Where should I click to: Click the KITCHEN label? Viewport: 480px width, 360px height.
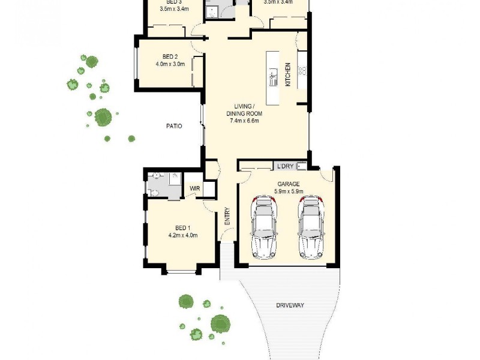[x=288, y=75]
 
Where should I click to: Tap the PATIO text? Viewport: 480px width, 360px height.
[x=174, y=126]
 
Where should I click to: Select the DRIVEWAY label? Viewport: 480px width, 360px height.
[x=290, y=305]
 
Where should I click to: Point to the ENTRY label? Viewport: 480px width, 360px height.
[x=227, y=216]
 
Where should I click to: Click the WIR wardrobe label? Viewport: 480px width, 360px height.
[x=194, y=188]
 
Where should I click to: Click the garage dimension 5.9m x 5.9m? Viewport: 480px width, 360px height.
[x=289, y=191]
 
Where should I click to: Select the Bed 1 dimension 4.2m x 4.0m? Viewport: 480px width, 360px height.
[x=182, y=235]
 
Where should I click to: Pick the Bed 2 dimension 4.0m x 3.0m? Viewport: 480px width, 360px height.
[x=170, y=64]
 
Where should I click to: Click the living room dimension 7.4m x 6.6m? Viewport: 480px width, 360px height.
[x=244, y=121]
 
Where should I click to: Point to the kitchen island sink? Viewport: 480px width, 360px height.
[x=273, y=76]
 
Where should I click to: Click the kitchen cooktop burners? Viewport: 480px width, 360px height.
[x=303, y=70]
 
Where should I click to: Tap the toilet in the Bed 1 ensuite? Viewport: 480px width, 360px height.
[x=152, y=192]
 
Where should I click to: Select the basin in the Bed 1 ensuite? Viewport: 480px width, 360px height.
[x=155, y=176]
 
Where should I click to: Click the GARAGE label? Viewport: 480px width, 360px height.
[x=289, y=184]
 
